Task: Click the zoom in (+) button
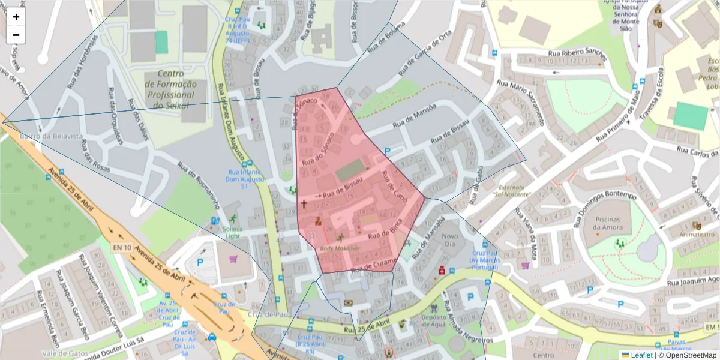(16, 17)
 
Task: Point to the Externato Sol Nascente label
(512, 190)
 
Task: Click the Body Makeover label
(340, 248)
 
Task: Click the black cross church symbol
(303, 204)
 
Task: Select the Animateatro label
(696, 235)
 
